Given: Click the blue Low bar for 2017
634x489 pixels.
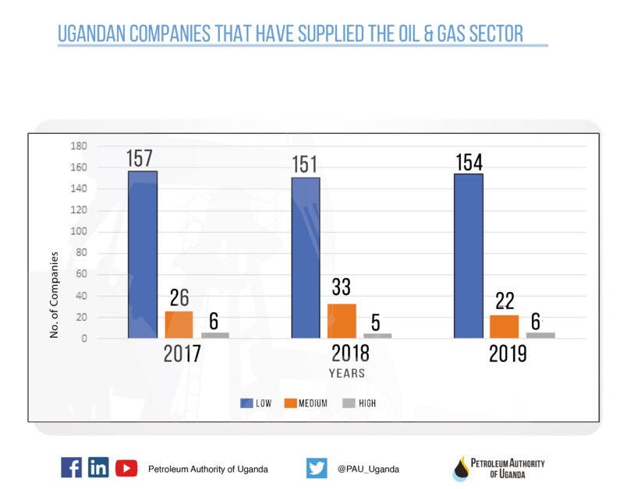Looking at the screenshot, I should [x=143, y=254].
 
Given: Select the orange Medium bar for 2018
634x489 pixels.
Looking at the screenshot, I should [x=342, y=321].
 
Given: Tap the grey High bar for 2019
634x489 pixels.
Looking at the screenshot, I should [x=540, y=335].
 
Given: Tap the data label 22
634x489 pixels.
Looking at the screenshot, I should [x=505, y=301].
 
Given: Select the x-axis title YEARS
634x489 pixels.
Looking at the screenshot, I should [x=346, y=373].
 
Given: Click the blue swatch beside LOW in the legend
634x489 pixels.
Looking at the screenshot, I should [x=246, y=403].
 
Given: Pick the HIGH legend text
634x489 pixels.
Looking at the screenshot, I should [x=367, y=403].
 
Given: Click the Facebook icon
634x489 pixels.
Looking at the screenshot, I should [x=71, y=467].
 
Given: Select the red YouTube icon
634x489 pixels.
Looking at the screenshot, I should [x=126, y=468].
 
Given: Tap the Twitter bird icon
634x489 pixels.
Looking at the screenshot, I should [x=317, y=468].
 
